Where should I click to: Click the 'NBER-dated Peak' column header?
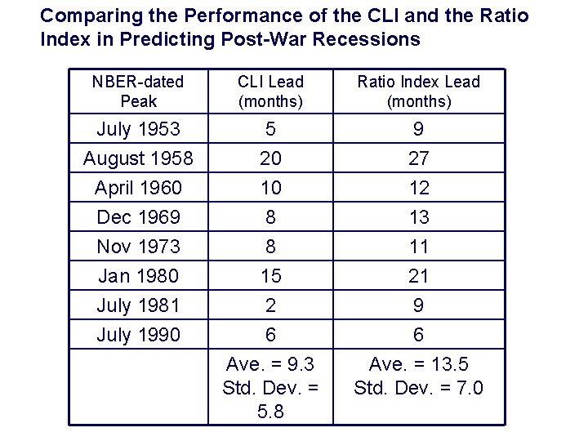[137, 91]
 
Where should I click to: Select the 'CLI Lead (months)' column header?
[270, 91]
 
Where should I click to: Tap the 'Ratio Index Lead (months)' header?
[418, 91]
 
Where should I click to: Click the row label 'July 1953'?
[137, 129]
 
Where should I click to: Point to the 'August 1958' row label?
[137, 158]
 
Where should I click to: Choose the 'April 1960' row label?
[137, 188]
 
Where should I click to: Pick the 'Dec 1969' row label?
[137, 217]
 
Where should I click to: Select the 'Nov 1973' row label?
[137, 247]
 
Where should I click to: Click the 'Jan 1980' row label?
[137, 276]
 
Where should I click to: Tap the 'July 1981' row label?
[137, 305]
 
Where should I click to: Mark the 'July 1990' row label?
[137, 335]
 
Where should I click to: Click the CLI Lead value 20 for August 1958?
[270, 158]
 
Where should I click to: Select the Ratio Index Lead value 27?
[418, 158]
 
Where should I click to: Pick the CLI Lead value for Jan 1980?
[270, 276]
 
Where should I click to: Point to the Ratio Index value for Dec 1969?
[418, 217]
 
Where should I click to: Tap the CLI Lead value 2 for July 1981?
[270, 305]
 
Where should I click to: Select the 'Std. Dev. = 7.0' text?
[418, 387]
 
